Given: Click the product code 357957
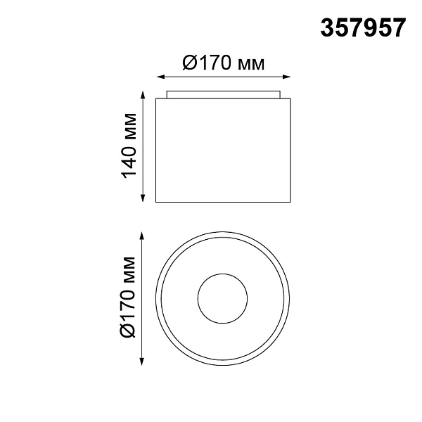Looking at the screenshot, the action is [363, 27].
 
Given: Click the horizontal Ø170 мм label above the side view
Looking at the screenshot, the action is [224, 63].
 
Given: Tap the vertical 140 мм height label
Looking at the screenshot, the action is [129, 146].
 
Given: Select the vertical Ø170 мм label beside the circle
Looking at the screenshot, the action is [127, 297].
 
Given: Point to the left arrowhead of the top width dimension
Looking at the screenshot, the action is [160, 77].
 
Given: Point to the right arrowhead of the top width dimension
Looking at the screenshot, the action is [287, 77].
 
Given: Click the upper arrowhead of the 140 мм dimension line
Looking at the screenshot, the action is [143, 95].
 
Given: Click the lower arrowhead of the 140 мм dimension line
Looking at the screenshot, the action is [143, 198].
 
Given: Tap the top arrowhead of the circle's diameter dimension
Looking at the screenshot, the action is [142, 236].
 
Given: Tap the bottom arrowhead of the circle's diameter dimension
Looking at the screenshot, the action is [142, 362].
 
